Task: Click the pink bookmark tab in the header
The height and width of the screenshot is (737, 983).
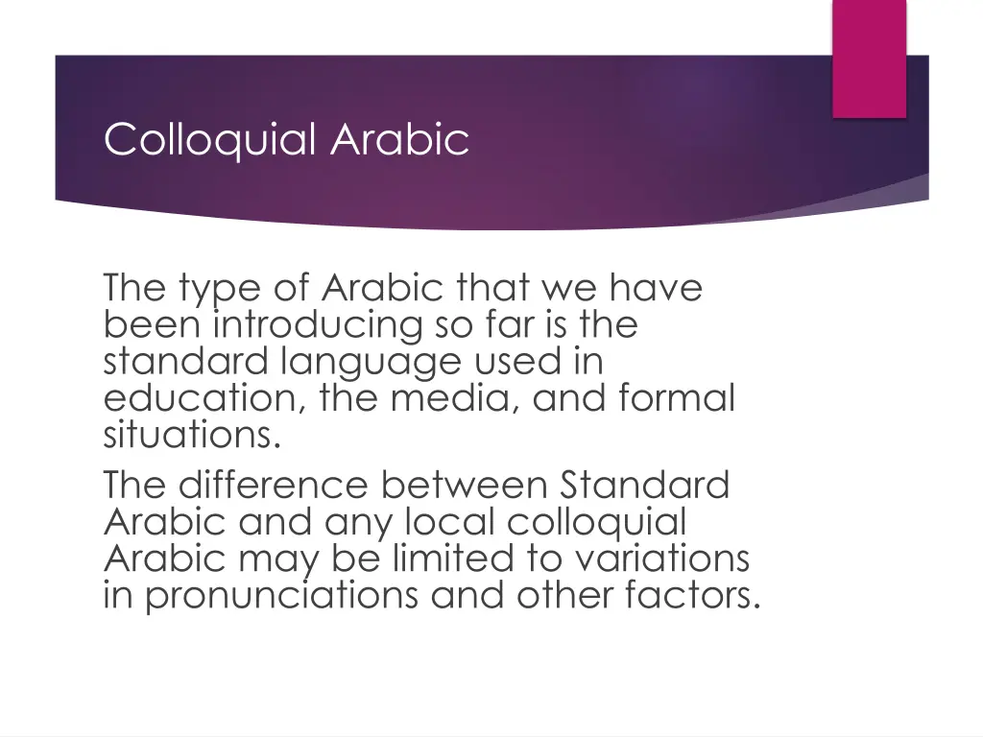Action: (869, 58)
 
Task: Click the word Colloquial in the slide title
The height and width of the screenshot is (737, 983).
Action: (209, 140)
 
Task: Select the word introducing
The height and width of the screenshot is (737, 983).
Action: (317, 325)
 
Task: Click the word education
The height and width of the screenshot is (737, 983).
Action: (205, 398)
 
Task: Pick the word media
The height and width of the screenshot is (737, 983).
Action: (456, 398)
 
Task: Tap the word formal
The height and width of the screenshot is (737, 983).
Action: (676, 398)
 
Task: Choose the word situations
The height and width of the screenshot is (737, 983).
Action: (192, 435)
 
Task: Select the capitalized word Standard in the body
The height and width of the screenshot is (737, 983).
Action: (644, 485)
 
